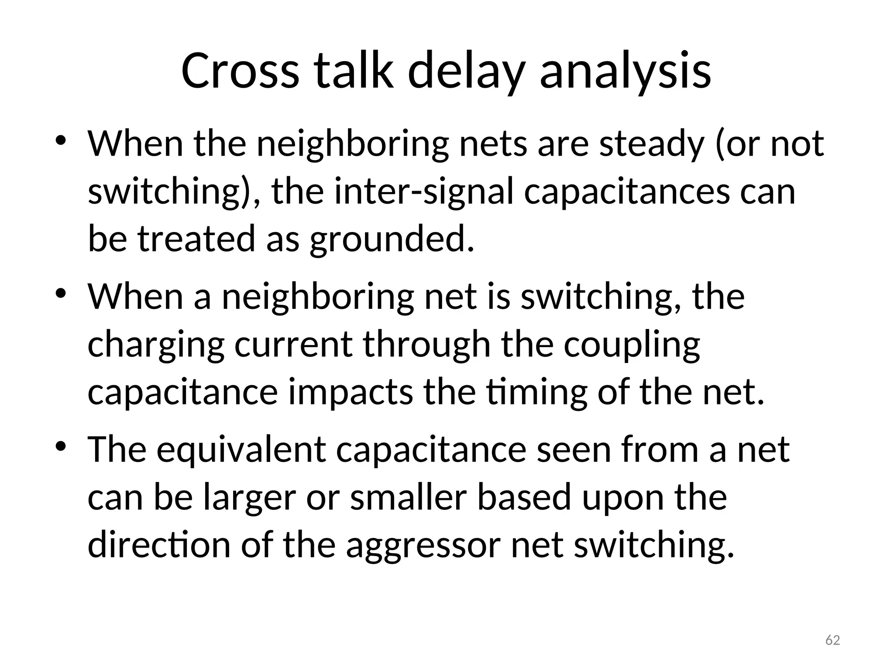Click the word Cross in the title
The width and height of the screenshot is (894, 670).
tap(240, 71)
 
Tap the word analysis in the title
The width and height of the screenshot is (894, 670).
tap(626, 71)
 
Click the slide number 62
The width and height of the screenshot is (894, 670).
tap(833, 640)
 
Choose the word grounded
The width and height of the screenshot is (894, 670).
tap(392, 239)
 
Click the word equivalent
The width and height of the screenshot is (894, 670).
tap(241, 450)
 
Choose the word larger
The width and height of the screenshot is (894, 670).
tap(250, 498)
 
